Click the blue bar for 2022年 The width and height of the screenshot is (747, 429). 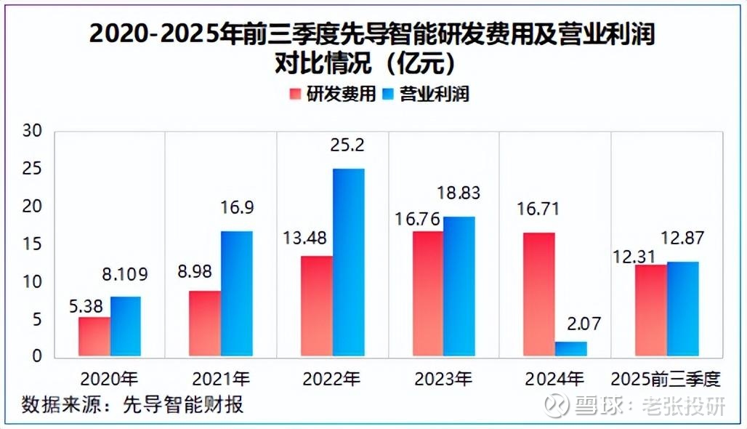coord(349,262)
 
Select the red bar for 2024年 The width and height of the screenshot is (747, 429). coord(538,294)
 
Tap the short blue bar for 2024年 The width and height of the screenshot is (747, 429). coord(570,350)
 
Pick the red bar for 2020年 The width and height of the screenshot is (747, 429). coord(94,337)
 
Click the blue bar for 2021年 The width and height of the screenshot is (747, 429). coord(238,294)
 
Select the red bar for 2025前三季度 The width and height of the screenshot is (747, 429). coord(651,310)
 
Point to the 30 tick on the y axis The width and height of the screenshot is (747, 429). coord(33,132)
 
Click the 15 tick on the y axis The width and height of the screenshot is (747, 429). coord(33,244)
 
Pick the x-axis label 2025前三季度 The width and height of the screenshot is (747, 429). coord(665,379)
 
